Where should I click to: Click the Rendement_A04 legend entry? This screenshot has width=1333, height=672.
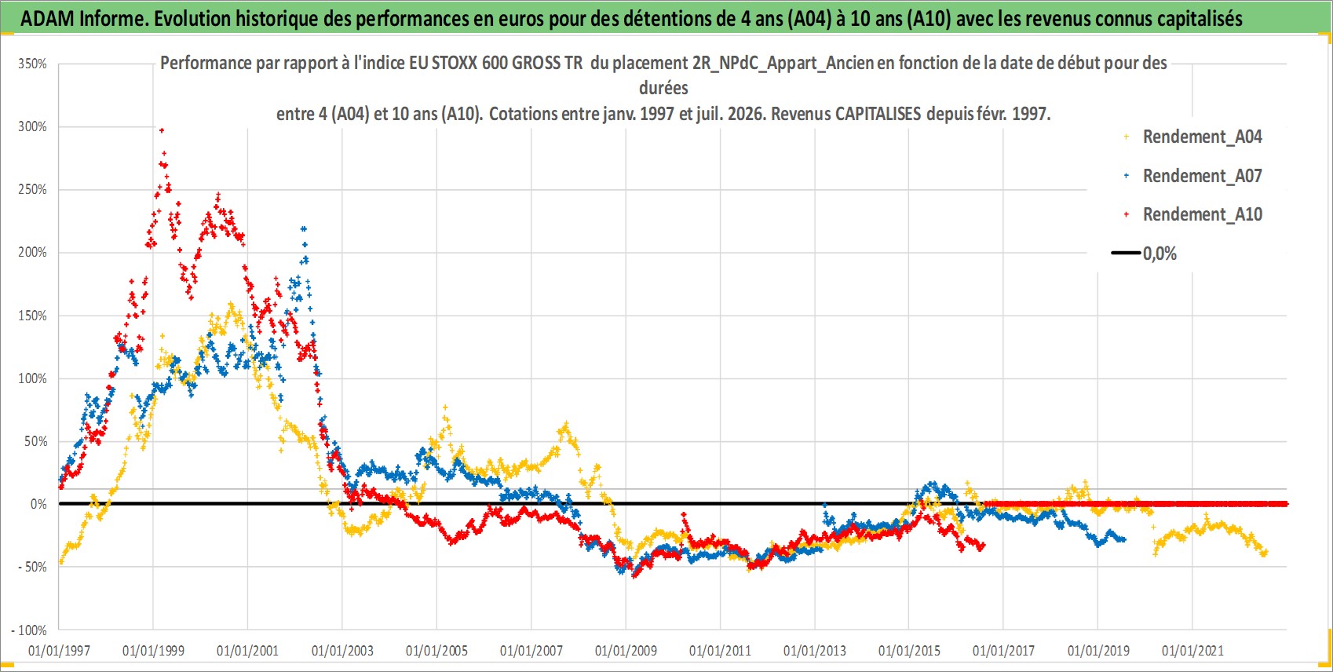click(x=1194, y=137)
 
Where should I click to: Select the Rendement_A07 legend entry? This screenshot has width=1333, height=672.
click(x=1194, y=176)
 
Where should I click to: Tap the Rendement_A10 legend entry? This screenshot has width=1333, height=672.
click(x=1194, y=214)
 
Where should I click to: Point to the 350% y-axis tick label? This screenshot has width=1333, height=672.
click(x=32, y=64)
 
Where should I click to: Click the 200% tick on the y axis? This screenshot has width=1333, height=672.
click(x=32, y=252)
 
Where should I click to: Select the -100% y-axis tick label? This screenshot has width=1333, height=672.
click(x=28, y=630)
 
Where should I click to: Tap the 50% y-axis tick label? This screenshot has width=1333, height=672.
click(x=35, y=441)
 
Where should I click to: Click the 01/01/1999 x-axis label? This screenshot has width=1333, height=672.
click(x=154, y=651)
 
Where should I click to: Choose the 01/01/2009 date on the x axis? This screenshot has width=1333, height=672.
click(x=626, y=651)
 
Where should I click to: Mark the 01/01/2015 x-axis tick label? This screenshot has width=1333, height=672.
click(x=909, y=651)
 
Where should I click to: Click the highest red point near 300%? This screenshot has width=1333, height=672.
click(x=161, y=130)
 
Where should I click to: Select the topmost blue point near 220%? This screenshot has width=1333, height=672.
click(x=304, y=228)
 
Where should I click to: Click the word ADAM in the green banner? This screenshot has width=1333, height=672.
click(x=47, y=19)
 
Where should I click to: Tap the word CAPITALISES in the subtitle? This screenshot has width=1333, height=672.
click(x=878, y=113)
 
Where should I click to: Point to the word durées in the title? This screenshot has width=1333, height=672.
click(x=663, y=88)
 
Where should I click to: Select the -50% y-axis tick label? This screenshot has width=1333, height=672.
click(x=32, y=567)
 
